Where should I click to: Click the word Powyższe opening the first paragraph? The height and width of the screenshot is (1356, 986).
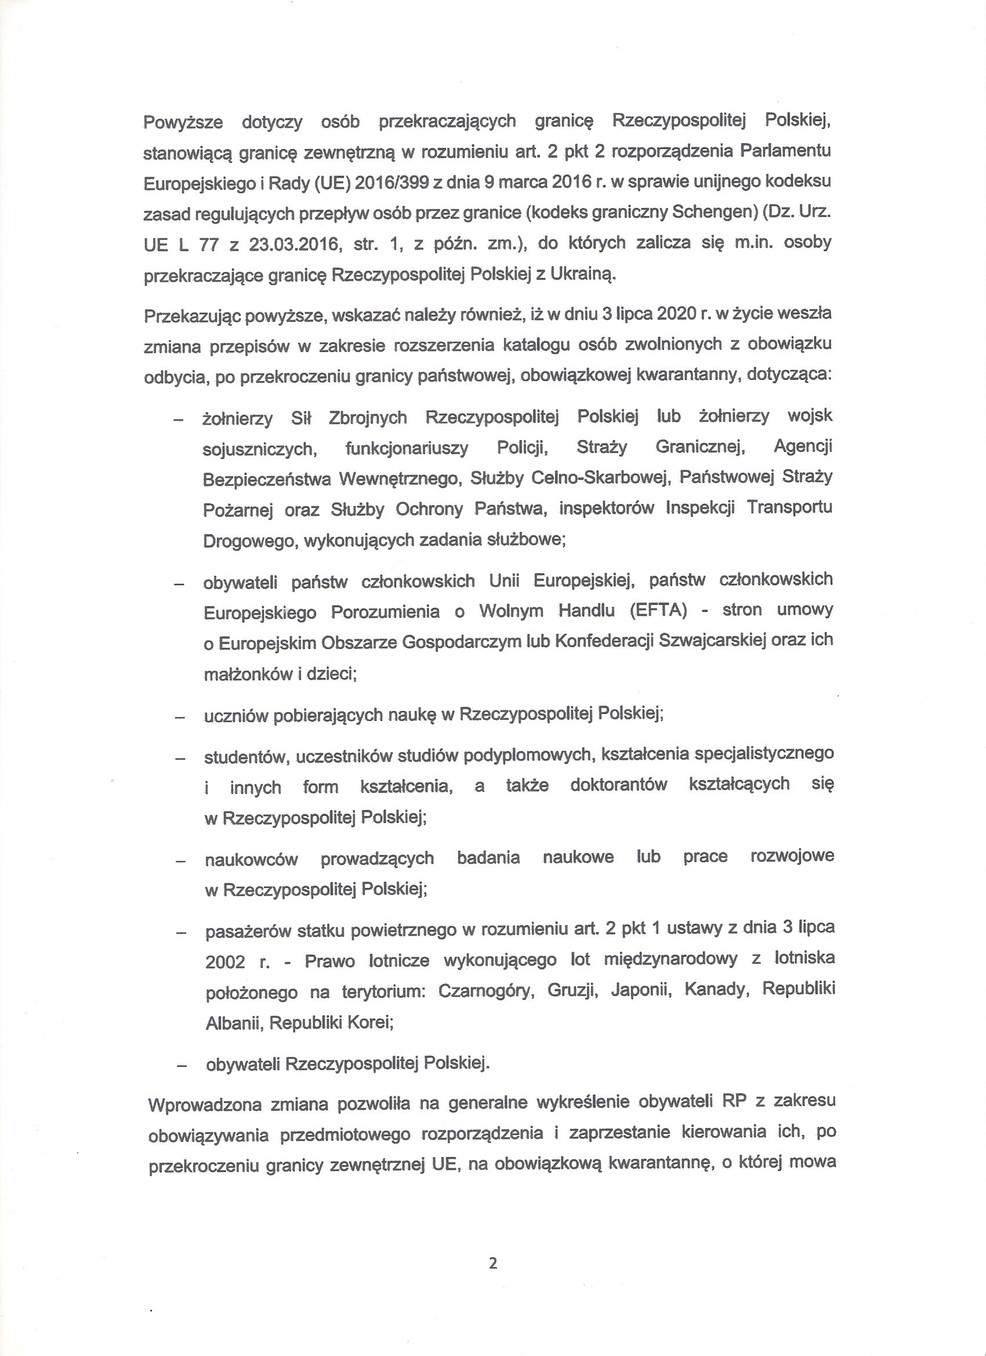pos(183,122)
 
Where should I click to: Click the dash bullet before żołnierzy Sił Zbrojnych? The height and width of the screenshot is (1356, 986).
pos(177,419)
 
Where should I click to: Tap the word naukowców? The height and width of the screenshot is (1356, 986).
pos(251,860)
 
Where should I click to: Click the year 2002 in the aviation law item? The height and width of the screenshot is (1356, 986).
pos(226,962)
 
